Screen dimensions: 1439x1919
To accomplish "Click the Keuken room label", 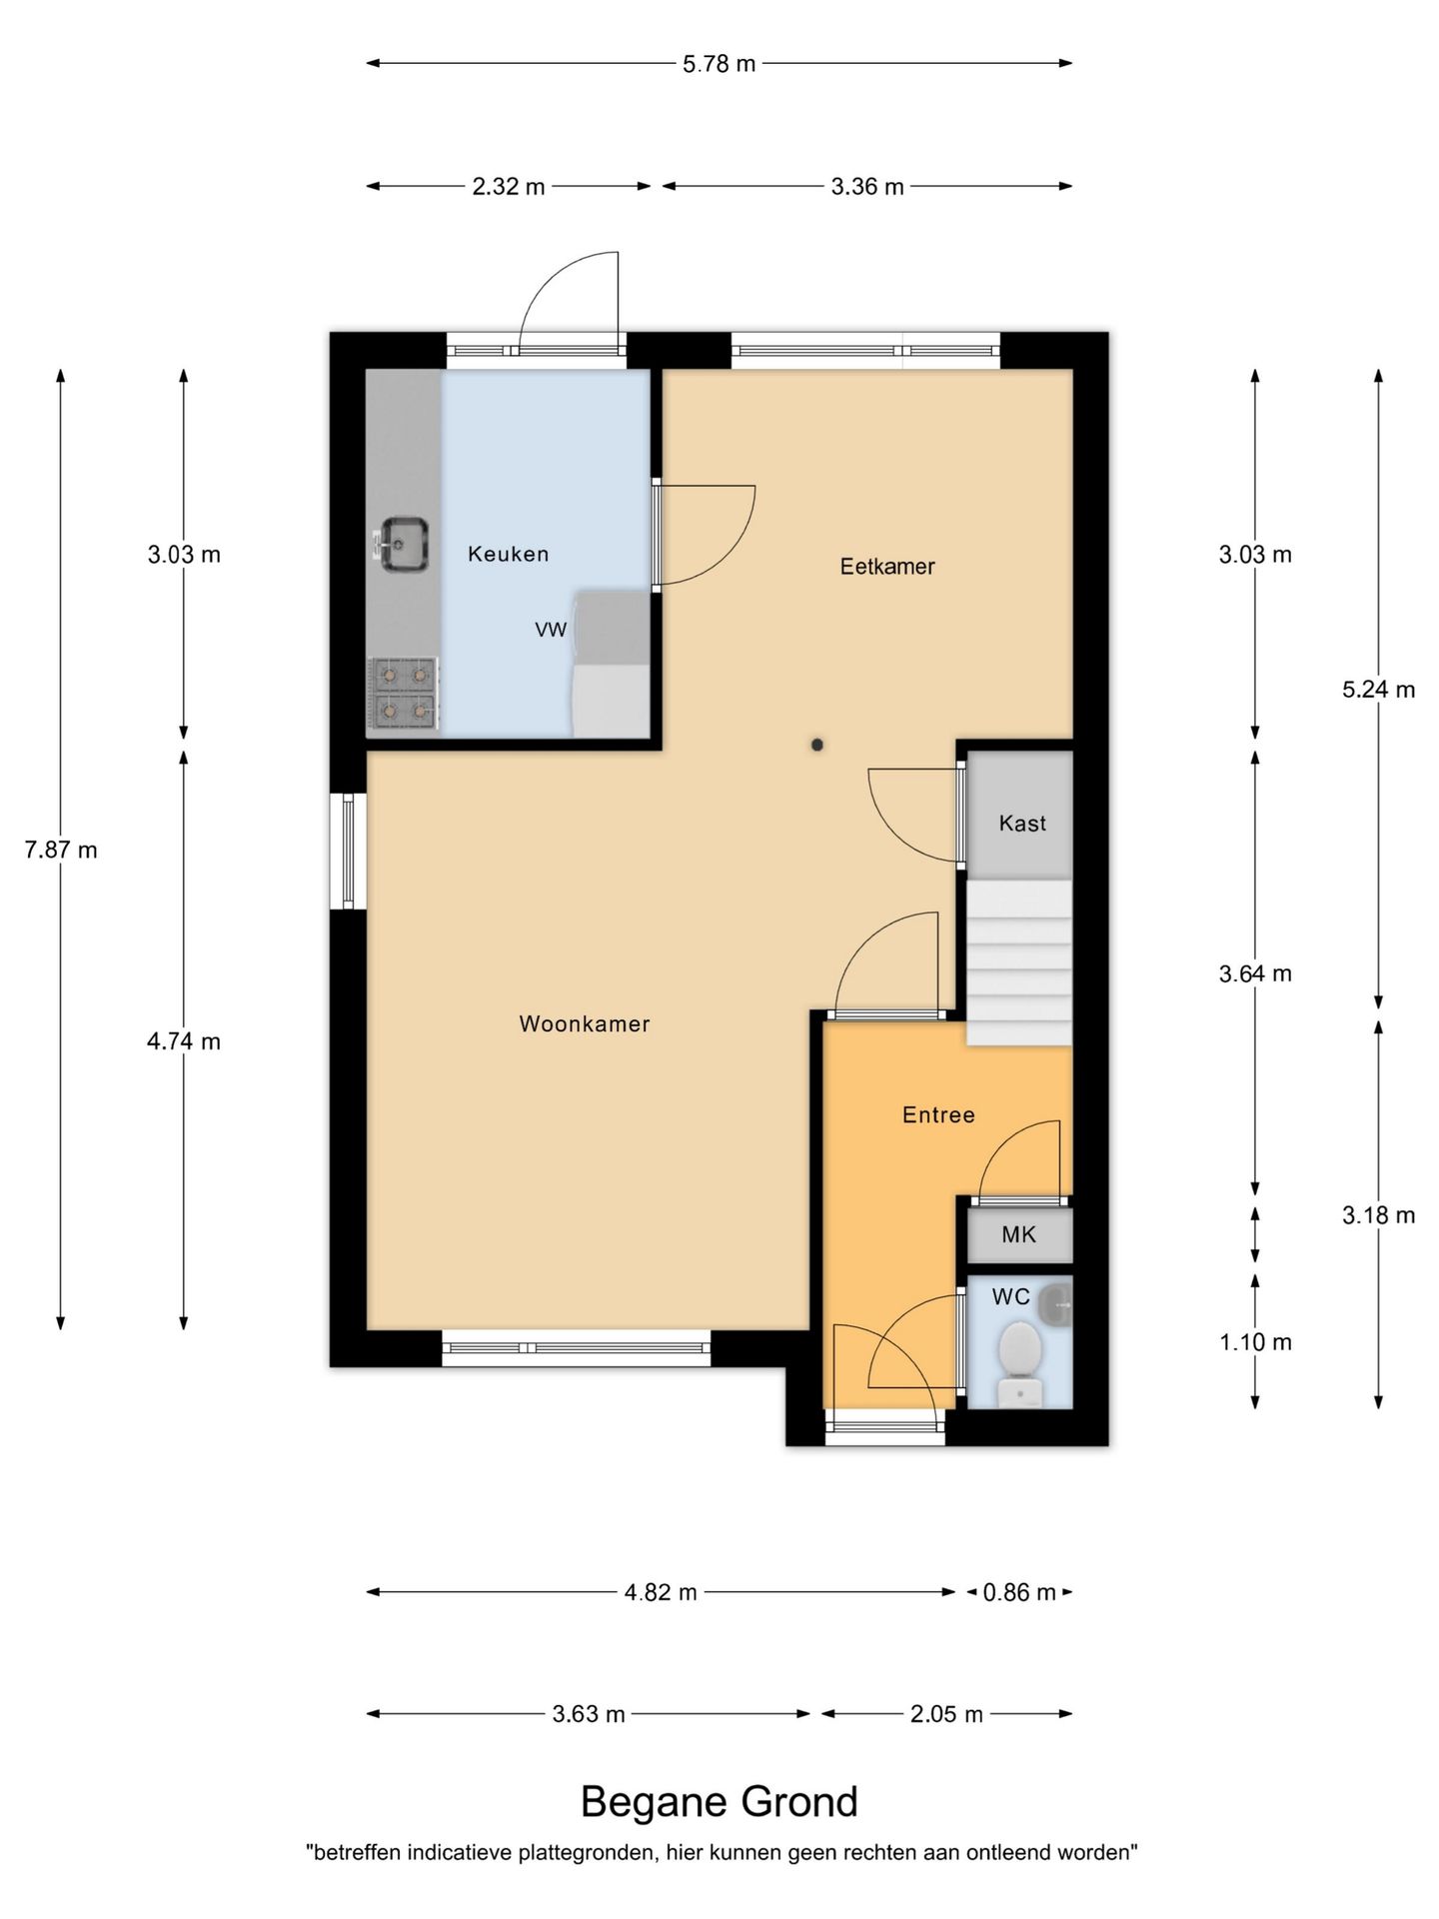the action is (x=508, y=554).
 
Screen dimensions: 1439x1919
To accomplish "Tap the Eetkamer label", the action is (x=887, y=567).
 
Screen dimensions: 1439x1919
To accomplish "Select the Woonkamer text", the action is (x=585, y=1023).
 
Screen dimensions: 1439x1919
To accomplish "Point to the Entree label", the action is (x=938, y=1114).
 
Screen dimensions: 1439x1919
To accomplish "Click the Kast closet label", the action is (x=1022, y=824).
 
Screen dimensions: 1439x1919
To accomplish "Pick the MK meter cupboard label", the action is (x=1019, y=1235).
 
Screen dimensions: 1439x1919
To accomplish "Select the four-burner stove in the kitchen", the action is (x=404, y=693).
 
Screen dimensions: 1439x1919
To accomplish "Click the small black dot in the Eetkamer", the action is (x=817, y=744).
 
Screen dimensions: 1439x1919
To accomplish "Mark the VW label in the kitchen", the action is (x=551, y=630).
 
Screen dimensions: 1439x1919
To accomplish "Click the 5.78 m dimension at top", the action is (x=719, y=64).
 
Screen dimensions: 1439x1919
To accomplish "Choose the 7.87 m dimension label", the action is (x=61, y=851).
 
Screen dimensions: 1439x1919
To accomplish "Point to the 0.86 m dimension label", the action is (x=1019, y=1592).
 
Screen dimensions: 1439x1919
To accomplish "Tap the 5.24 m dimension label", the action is (x=1379, y=690).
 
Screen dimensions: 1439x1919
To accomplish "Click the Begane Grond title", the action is (x=719, y=1802).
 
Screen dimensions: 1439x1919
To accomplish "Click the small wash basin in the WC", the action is (x=1055, y=1304).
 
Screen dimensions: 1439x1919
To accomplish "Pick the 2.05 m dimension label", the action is (x=946, y=1715).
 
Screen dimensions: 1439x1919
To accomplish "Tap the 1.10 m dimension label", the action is (x=1256, y=1342).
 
